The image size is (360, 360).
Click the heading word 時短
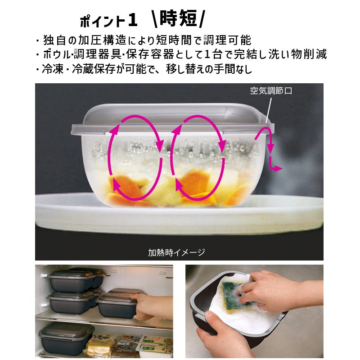178,18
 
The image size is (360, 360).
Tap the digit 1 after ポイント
132,21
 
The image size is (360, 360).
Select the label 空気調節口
271,91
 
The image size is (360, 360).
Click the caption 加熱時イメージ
176,252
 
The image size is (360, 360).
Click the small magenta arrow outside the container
269,150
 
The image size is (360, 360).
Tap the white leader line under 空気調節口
269,110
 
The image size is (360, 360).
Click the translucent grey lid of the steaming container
172,119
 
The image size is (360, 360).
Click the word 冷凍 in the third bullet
53,69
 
